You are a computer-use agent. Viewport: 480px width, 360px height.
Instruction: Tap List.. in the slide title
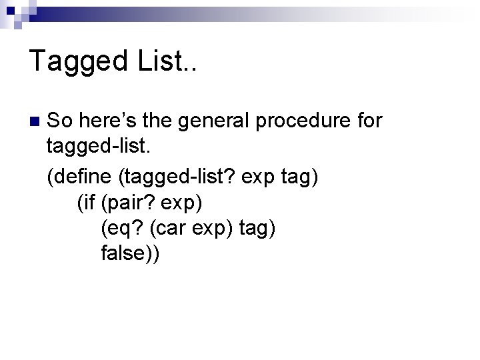point(167,61)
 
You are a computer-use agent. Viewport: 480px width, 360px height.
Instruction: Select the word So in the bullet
point(60,121)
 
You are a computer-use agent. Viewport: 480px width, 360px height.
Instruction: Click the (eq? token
point(123,228)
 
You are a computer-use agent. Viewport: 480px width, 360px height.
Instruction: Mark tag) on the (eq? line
point(256,229)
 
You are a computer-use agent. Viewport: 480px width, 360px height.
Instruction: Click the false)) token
point(131,253)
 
